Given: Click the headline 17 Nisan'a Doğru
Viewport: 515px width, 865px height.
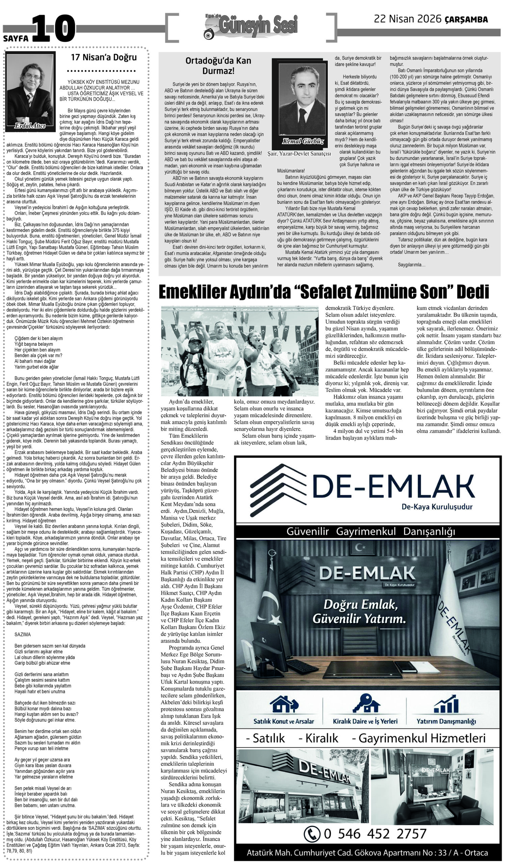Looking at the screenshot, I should coord(104,57).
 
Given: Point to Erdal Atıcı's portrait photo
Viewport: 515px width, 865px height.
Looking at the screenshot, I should coord(30,91).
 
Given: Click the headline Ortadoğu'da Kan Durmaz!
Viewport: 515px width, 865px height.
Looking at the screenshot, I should coord(218,66).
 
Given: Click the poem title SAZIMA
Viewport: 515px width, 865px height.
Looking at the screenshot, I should coord(23,634).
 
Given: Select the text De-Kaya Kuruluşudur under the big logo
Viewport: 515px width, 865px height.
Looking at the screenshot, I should coord(437,506).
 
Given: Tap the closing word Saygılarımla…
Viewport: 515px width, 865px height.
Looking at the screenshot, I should coord(411,265).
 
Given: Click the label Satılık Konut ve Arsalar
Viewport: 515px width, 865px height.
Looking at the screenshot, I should coord(284,721).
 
